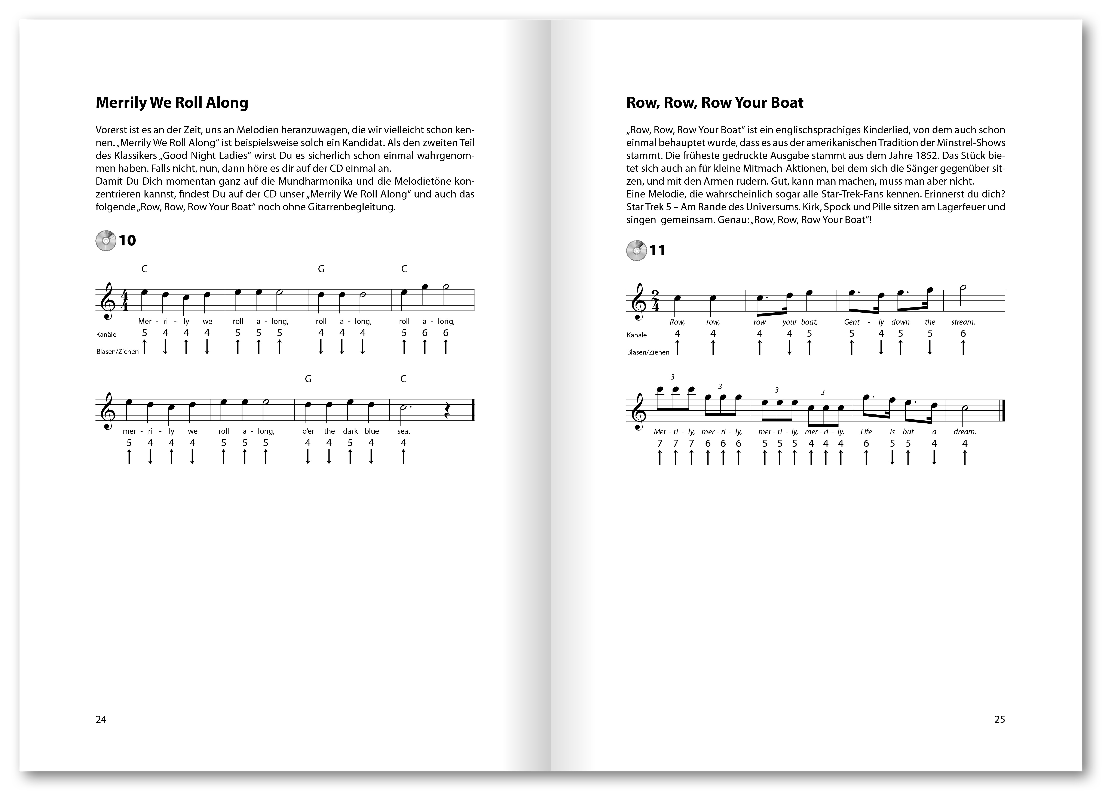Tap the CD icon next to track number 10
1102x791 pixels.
click(x=105, y=240)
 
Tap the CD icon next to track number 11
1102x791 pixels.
click(x=636, y=251)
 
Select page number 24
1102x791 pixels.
click(x=101, y=719)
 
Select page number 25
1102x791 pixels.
click(x=1000, y=719)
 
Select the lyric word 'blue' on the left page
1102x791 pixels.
click(x=372, y=431)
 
